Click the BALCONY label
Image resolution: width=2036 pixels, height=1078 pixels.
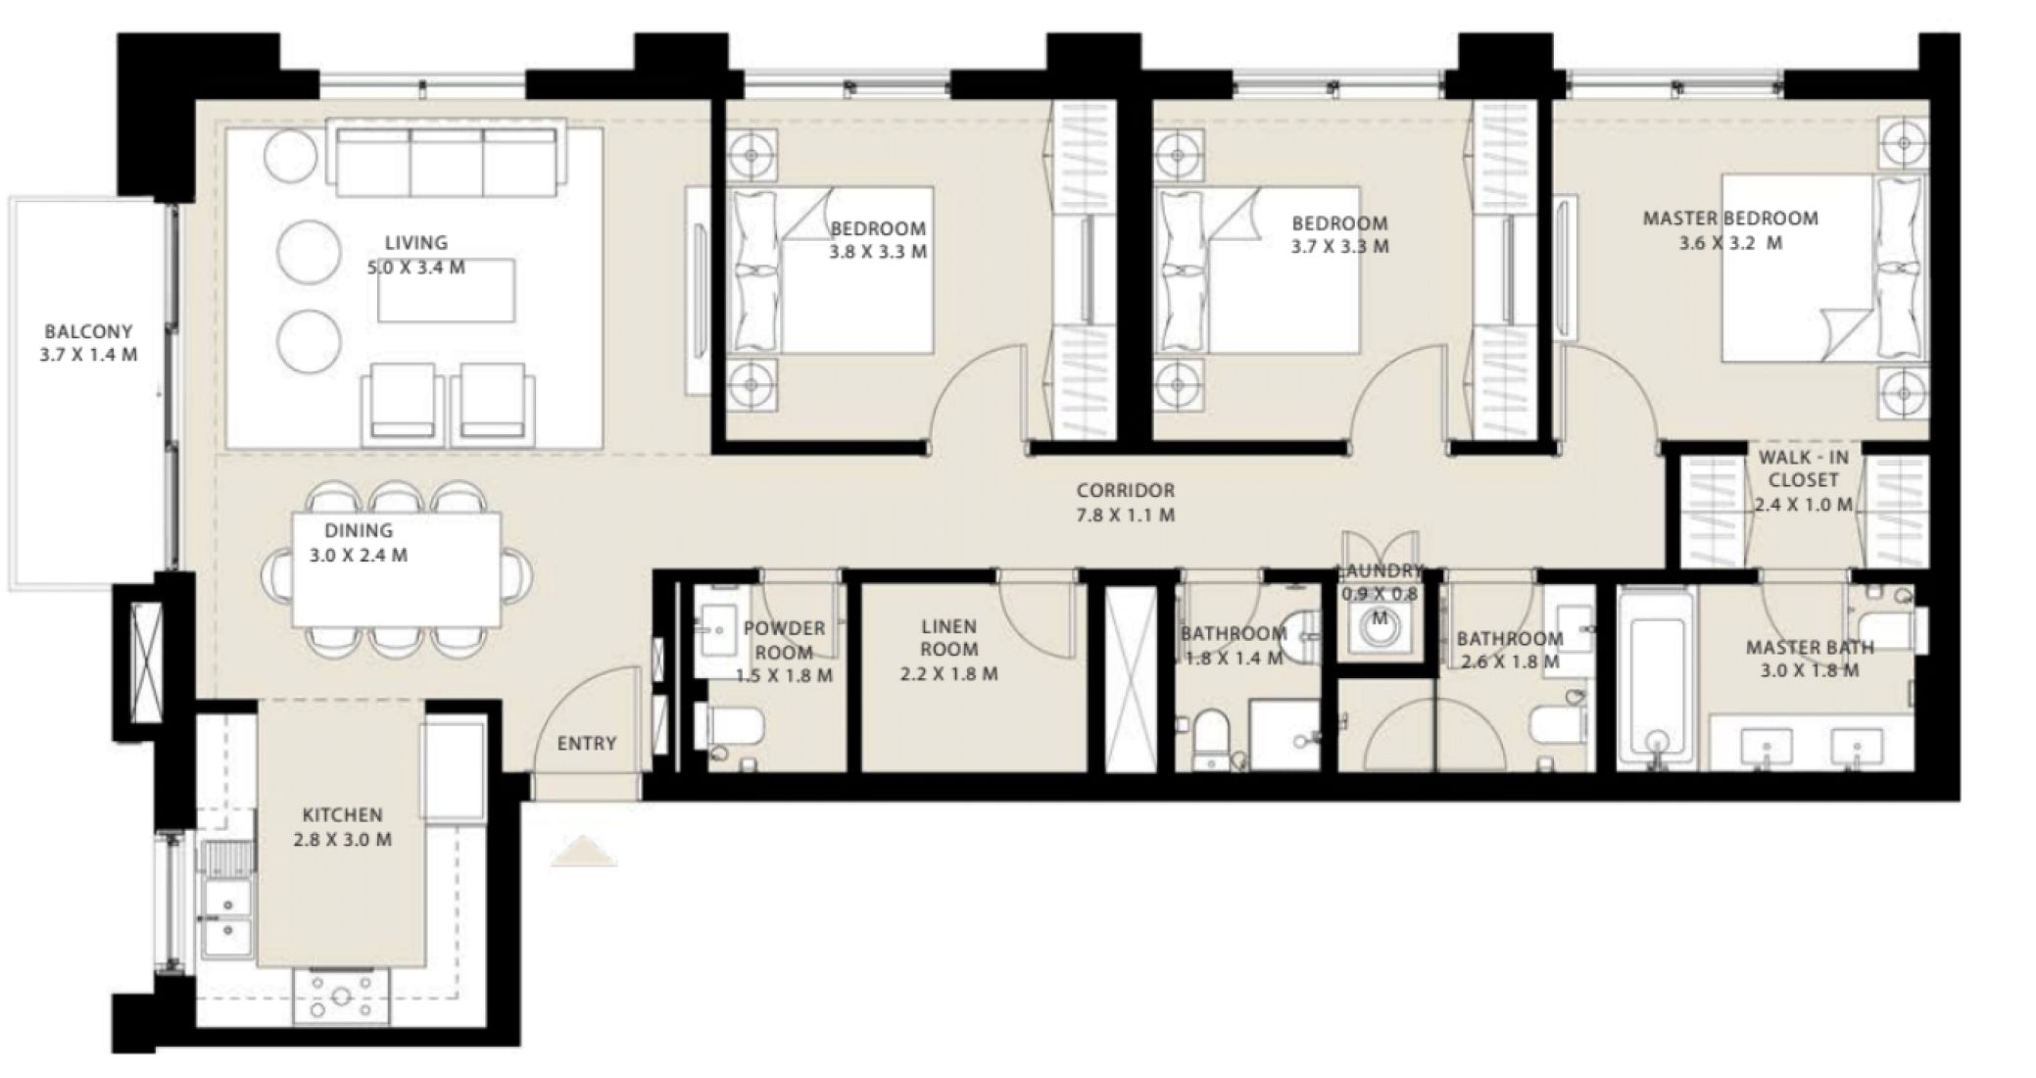(88, 343)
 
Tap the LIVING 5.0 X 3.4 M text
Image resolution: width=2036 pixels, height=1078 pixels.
(416, 254)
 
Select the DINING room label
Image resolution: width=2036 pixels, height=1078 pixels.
(359, 542)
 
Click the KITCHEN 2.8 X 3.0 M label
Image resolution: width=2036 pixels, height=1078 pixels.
(342, 826)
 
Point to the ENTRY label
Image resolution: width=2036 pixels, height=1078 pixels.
(587, 743)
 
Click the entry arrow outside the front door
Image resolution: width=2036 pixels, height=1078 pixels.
(584, 851)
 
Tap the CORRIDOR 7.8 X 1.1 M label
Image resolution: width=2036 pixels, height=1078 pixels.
(1125, 502)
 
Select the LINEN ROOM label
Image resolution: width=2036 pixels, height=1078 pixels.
(948, 649)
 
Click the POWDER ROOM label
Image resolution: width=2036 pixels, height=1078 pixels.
(784, 651)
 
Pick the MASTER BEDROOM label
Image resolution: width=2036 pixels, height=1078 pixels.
(1730, 229)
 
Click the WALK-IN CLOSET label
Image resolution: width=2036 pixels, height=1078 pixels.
(1804, 480)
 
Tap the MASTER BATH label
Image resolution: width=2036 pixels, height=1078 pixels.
(1809, 659)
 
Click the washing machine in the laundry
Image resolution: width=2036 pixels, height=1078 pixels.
(1380, 632)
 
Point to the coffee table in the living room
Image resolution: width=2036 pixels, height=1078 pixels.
(447, 291)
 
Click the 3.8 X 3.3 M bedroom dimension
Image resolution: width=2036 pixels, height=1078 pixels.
(878, 252)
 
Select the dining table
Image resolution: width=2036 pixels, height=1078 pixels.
(398, 570)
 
